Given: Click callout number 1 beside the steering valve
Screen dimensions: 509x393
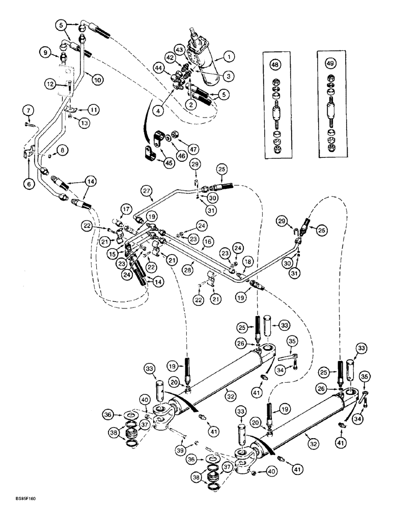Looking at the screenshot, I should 229,55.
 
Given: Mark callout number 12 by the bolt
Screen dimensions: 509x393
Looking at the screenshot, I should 50,82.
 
